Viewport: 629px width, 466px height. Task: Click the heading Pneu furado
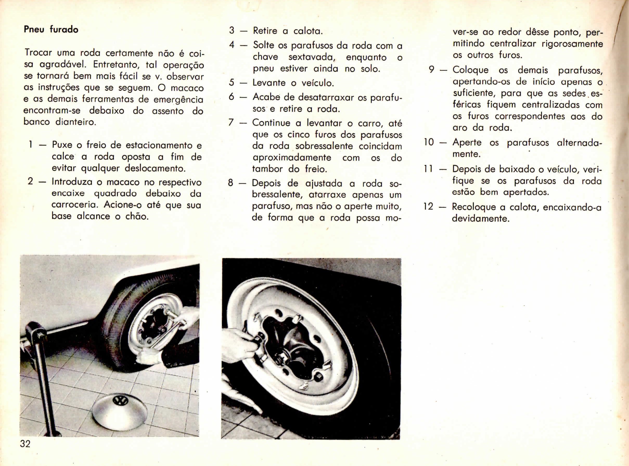click(x=51, y=29)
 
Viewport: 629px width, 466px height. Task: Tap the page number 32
click(x=25, y=444)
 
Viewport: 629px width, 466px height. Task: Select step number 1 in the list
click(x=30, y=145)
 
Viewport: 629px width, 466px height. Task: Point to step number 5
click(x=232, y=83)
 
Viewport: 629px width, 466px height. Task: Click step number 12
click(x=428, y=206)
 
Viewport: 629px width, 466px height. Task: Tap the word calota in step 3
click(x=308, y=31)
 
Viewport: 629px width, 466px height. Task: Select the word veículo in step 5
click(x=318, y=83)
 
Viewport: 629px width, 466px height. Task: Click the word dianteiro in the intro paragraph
click(x=75, y=122)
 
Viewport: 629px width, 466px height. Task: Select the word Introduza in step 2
click(x=72, y=182)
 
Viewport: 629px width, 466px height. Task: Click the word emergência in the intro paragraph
click(x=178, y=100)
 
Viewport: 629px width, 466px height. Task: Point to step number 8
click(x=231, y=183)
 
